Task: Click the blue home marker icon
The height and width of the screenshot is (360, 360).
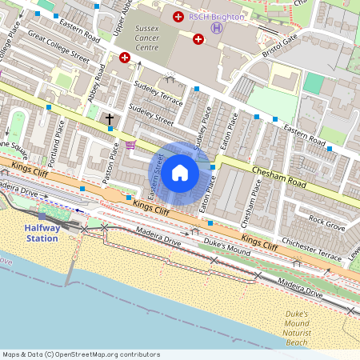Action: (x=180, y=173)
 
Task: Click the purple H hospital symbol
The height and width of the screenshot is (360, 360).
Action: (x=215, y=28)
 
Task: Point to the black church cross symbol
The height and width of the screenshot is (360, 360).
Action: (x=110, y=119)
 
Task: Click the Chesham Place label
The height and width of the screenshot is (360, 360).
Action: (x=251, y=204)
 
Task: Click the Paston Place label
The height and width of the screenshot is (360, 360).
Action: (x=109, y=164)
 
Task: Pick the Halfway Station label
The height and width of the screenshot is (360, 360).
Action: (x=42, y=233)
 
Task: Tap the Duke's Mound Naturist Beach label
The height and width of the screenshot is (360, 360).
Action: (x=296, y=328)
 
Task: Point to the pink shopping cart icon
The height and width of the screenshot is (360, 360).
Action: (x=130, y=145)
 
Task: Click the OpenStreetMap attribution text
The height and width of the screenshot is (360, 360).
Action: (x=80, y=354)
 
